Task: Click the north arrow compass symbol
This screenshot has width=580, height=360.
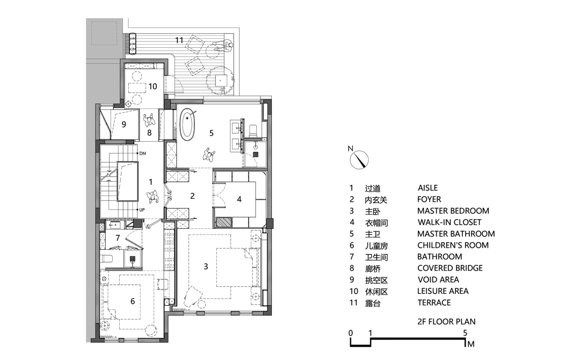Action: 360,160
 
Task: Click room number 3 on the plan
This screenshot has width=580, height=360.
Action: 206,265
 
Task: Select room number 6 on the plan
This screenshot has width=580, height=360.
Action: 132,301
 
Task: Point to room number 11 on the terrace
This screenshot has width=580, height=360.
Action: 179,40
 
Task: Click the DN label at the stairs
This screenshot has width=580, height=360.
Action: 142,154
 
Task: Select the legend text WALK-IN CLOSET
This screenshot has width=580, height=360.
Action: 449,222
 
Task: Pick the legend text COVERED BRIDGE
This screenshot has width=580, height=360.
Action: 450,268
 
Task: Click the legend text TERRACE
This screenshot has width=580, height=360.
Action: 434,303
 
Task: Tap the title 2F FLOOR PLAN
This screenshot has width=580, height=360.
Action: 446,322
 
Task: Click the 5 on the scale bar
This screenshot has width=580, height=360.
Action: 465,332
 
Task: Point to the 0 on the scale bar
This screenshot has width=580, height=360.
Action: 350,332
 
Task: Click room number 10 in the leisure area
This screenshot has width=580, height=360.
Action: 153,85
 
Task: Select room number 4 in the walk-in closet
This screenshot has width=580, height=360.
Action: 239,198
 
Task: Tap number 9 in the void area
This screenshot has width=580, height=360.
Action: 124,125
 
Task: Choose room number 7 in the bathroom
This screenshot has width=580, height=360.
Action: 117,237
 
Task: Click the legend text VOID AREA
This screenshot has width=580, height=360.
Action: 438,279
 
